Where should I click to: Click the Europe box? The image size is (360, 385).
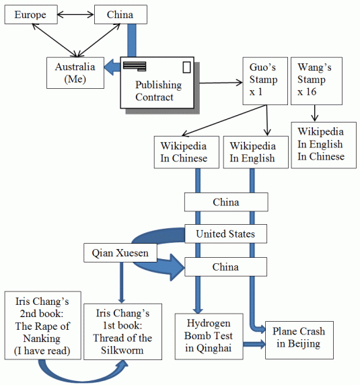30,14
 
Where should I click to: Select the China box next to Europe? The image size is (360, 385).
120,14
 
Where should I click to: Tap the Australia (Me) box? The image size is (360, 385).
75,73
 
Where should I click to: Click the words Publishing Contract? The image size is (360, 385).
158,91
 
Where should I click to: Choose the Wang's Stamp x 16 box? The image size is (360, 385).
316,80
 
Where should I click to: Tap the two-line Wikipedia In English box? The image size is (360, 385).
252,152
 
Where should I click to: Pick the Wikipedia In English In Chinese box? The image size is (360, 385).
320,144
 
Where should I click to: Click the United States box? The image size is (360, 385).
225,234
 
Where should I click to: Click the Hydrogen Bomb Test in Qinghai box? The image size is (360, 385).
203,335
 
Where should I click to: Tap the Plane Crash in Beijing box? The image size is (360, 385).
299,338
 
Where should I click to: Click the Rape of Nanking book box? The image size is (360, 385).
42,324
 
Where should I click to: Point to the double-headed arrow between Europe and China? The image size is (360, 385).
76,13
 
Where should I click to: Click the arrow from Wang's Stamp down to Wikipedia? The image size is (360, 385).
315,114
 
